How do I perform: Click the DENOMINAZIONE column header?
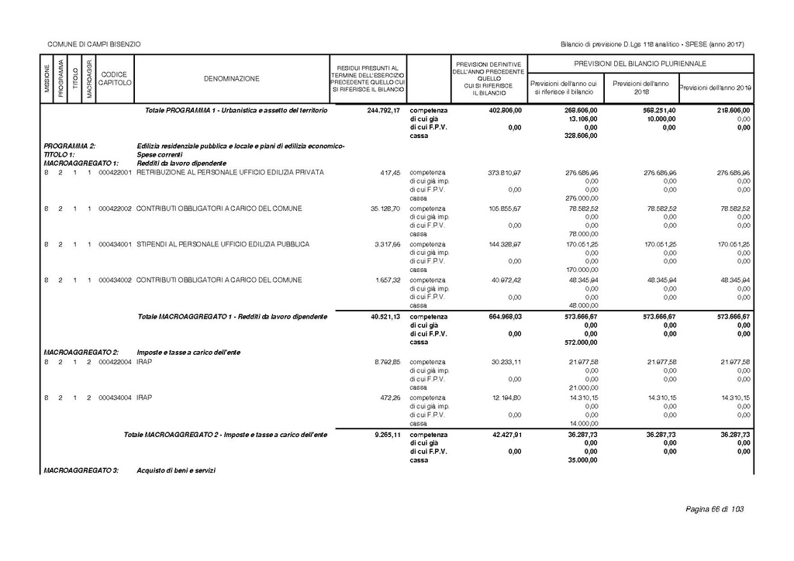(x=232, y=79)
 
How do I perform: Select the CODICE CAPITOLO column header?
(x=115, y=78)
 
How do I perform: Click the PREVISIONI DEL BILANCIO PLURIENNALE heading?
(x=640, y=63)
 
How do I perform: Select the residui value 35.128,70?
(x=385, y=208)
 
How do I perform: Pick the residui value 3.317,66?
(x=387, y=244)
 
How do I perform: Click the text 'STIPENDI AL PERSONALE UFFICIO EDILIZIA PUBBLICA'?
(x=223, y=244)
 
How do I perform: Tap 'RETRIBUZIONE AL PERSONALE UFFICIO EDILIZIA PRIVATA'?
(x=230, y=172)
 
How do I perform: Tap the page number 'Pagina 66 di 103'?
(x=714, y=509)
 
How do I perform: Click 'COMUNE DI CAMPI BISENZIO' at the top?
(x=94, y=43)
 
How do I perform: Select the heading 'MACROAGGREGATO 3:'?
(x=81, y=471)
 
